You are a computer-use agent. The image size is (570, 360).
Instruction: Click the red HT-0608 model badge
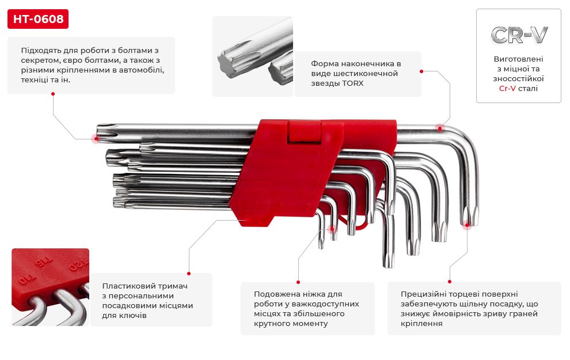coord(38,20)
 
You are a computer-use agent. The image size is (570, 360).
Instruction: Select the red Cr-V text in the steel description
coord(507,89)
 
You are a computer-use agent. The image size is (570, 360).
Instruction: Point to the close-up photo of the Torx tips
coord(252,56)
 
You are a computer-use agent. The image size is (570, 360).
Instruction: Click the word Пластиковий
coord(125,286)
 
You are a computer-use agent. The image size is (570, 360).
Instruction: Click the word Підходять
coord(41,50)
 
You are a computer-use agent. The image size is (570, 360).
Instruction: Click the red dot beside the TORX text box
coord(421,71)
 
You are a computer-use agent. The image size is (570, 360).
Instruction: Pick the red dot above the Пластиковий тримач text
coord(189,274)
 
